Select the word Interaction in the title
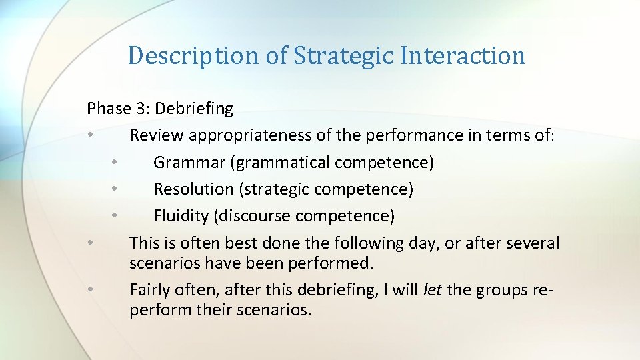click(463, 55)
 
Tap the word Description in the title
click(193, 55)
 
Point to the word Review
click(157, 135)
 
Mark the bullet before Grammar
click(115, 162)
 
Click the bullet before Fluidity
click(115, 216)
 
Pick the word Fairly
click(151, 289)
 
